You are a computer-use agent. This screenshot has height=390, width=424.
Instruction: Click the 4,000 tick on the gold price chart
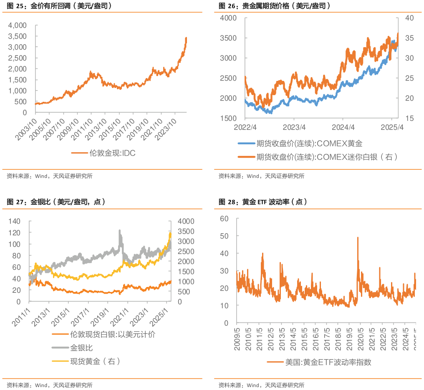18,25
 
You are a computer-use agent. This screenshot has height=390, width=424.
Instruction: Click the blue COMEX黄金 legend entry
309,144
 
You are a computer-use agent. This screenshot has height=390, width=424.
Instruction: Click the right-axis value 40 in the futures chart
409,18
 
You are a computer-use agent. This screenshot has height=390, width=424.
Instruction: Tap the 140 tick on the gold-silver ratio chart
14,221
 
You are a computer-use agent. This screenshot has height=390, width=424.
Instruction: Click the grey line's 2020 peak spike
120,230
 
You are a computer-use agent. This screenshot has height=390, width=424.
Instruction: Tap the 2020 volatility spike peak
358,237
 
